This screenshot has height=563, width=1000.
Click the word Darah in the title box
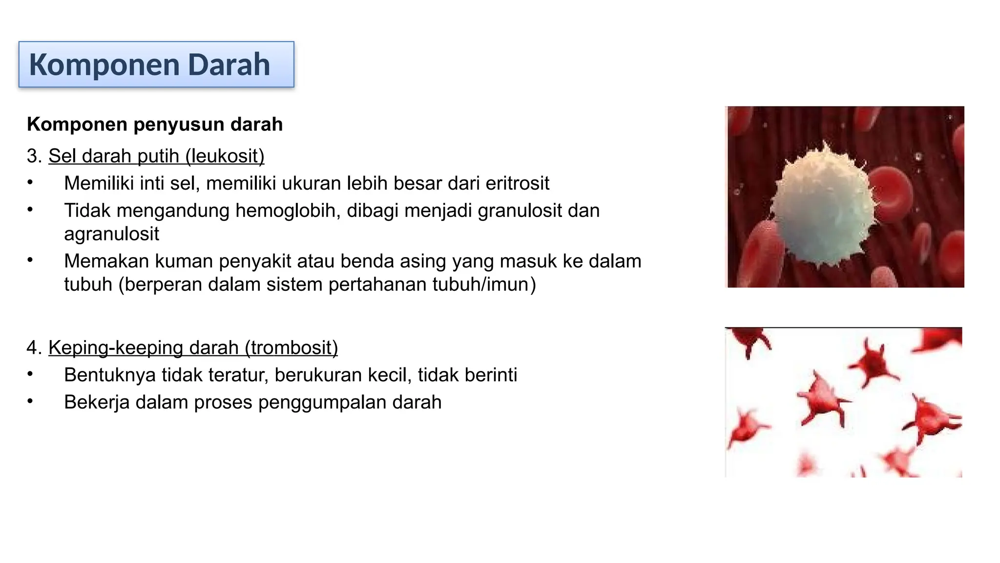[229, 65]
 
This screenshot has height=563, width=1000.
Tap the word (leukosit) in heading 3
[225, 156]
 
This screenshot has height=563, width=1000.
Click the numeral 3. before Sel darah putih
[34, 156]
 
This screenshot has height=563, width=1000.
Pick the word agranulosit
[111, 235]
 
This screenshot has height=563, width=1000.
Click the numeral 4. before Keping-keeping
[34, 348]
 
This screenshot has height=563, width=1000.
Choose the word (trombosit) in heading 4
[291, 348]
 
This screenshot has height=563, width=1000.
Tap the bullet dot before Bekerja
[30, 402]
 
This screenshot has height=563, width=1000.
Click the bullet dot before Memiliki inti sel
[30, 183]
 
